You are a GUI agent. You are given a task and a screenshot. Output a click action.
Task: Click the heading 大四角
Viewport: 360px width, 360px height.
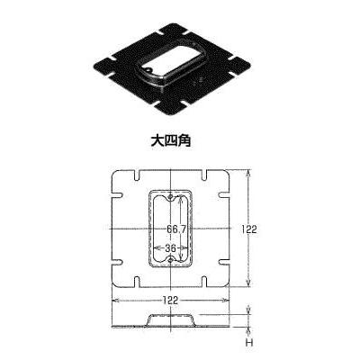click(x=171, y=141)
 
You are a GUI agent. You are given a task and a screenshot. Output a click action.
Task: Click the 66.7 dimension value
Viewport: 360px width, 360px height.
click(x=176, y=229)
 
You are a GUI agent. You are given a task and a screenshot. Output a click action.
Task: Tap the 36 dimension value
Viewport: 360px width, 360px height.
click(x=170, y=248)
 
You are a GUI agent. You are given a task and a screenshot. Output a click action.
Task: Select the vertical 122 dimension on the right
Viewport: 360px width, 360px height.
click(x=249, y=229)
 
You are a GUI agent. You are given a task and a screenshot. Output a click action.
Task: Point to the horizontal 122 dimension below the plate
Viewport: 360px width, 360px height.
click(x=170, y=300)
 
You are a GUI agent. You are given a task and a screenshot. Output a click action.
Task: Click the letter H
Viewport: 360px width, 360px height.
click(x=248, y=343)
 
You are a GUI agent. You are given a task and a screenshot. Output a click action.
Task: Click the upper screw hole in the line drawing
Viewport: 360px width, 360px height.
click(x=170, y=197)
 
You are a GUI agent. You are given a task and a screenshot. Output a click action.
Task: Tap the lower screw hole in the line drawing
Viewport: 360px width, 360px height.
click(x=170, y=260)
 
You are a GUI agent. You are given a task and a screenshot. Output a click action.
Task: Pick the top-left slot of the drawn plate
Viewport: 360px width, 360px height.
click(x=137, y=175)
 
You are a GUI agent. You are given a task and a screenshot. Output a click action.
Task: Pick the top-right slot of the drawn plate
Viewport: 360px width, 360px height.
click(x=204, y=175)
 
